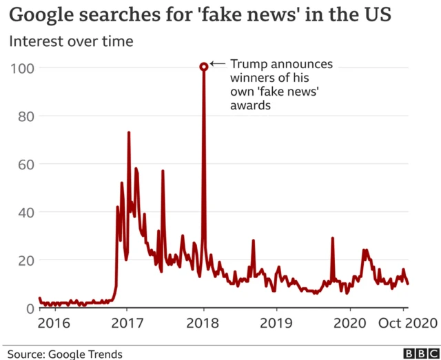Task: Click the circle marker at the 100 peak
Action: point(204,67)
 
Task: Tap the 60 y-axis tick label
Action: point(26,164)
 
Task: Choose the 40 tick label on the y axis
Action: point(26,212)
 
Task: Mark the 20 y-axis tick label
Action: point(26,260)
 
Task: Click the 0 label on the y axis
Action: point(30,308)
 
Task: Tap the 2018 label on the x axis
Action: point(203,322)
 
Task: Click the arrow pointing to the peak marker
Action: point(218,64)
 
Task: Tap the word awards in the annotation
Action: point(249,105)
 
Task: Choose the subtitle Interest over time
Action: point(71,41)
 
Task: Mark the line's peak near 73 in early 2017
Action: point(129,133)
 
